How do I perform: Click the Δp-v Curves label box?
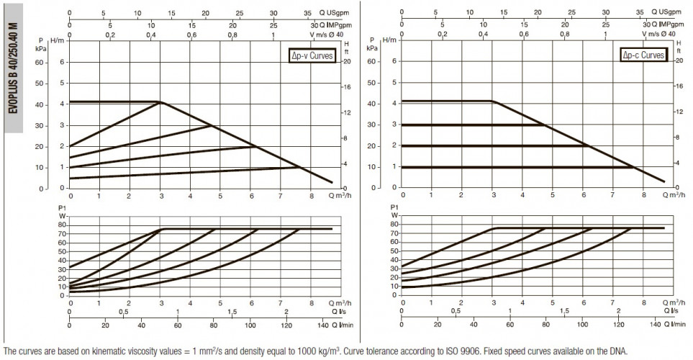[312, 55]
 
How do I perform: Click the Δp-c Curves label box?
[643, 55]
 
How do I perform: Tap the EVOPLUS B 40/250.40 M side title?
[14, 68]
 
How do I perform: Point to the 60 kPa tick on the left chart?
[40, 63]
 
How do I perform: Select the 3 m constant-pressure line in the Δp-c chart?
[474, 125]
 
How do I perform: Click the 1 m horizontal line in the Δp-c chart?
[518, 167]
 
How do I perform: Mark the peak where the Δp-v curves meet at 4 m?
[161, 102]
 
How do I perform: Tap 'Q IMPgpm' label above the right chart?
[667, 24]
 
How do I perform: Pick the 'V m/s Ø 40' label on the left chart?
[326, 34]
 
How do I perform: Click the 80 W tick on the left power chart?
[63, 225]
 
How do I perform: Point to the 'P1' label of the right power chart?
[394, 207]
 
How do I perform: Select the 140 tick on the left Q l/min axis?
[322, 325]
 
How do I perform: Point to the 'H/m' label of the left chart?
[57, 40]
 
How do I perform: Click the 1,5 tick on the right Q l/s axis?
[564, 311]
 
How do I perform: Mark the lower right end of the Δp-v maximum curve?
[332, 182]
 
